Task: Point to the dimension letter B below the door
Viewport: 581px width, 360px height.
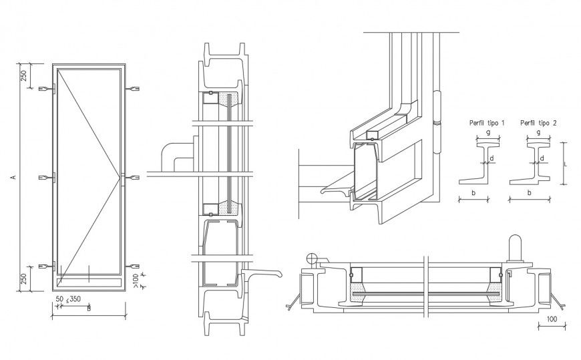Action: [x=88, y=309]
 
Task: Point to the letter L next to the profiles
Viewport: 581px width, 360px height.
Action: [x=566, y=162]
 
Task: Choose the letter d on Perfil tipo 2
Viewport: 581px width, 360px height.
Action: [x=542, y=158]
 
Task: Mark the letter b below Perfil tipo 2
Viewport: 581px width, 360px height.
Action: [x=530, y=192]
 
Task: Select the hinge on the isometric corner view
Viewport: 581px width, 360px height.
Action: [x=437, y=123]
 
